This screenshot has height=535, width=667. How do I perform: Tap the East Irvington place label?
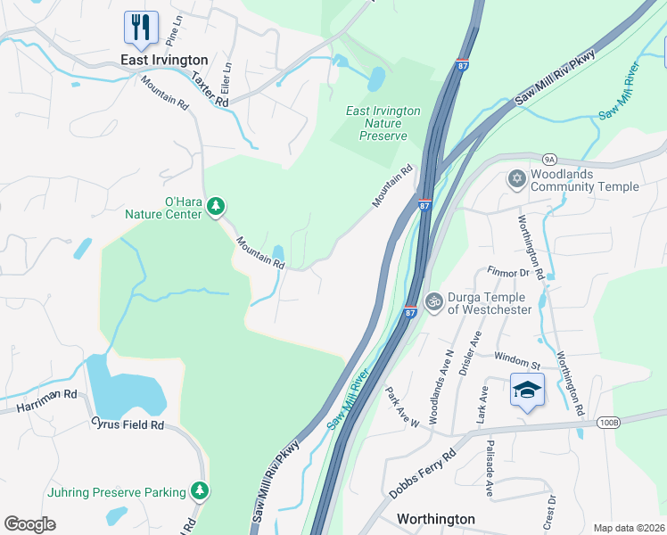pos(165,60)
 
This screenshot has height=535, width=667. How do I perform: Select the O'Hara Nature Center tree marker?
pos(215,207)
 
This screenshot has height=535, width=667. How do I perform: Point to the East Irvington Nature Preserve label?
pos(383,123)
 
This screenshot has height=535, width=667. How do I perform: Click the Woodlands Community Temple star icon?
pos(515,179)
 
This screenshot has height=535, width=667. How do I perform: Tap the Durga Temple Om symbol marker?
pos(433,302)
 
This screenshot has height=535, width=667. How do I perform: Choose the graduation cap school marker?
pos(527,390)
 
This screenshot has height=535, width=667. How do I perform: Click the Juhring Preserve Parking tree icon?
pos(201,491)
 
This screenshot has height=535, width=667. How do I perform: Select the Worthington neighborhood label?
pos(435,518)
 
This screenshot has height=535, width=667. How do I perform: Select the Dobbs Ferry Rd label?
pos(422,473)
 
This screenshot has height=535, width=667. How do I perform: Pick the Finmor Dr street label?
pos(508,272)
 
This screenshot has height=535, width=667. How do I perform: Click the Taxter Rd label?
pos(210,89)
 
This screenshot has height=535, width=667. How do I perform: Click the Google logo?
pos(30,523)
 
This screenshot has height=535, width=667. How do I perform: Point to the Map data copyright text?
pos(628,528)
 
